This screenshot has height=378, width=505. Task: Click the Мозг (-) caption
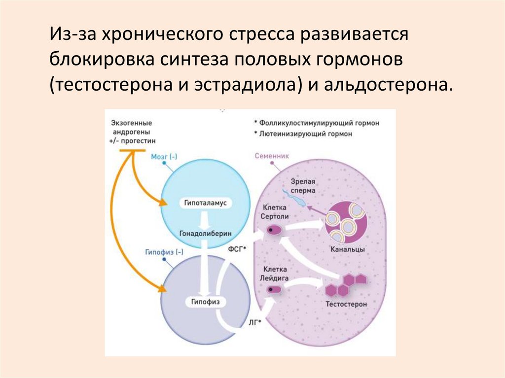click(165, 157)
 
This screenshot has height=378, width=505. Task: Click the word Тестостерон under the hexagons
click(346, 305)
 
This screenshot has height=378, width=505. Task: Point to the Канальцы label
click(348, 250)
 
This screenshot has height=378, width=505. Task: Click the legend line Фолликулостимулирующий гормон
click(317, 123)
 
